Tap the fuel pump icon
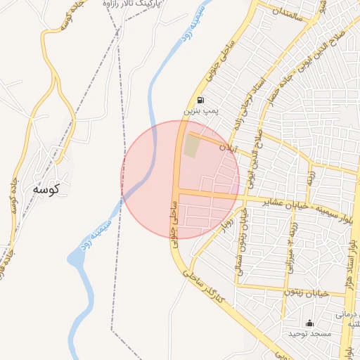[x=202, y=100]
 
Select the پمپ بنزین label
[x=202, y=111]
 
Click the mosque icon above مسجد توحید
[x=309, y=323]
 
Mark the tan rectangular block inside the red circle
[x=191, y=146]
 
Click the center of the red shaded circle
[x=180, y=179]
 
